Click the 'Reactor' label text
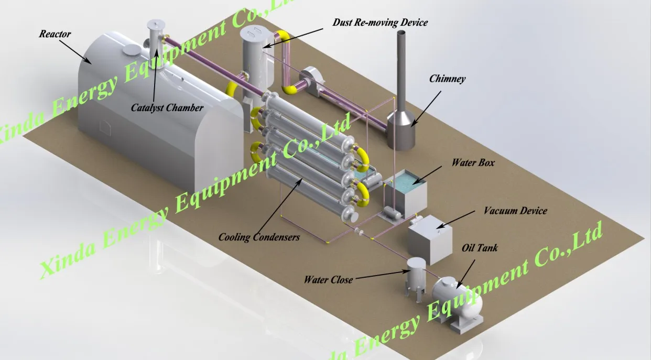(55, 34)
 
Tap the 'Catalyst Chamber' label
(167, 108)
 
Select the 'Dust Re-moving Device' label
(380, 23)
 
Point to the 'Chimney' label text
(447, 79)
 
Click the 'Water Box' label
(473, 163)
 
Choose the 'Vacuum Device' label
(515, 211)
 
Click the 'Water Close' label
(328, 279)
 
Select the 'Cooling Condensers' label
(259, 237)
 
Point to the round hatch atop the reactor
(132, 50)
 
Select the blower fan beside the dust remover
(307, 79)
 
